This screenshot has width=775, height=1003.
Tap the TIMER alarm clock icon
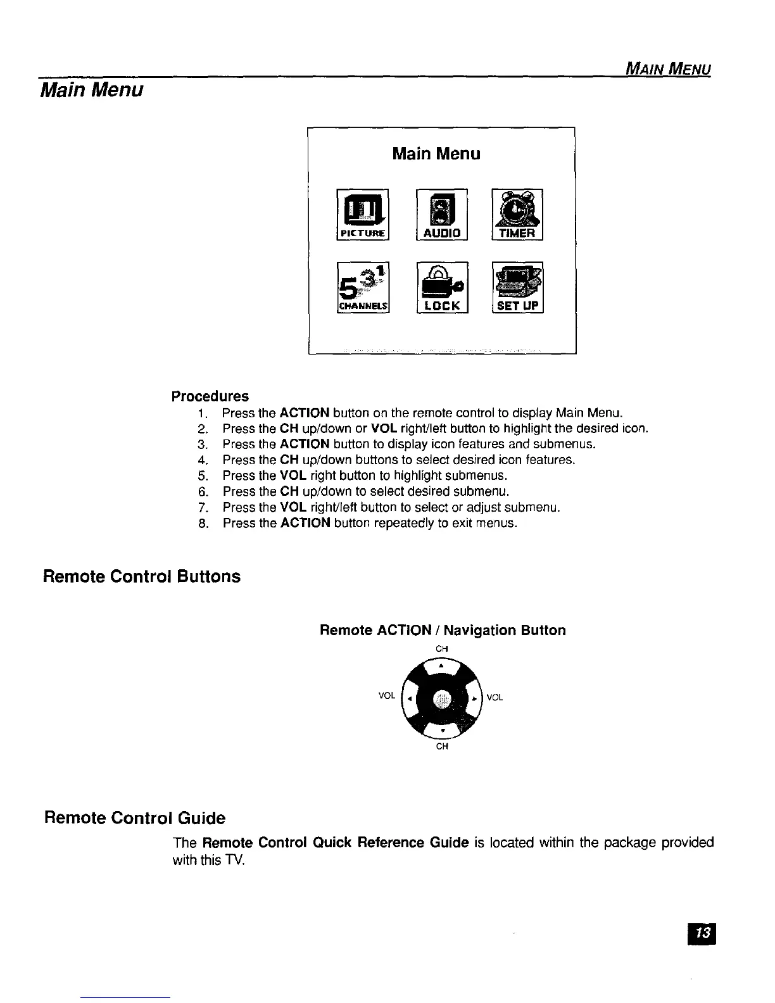517,215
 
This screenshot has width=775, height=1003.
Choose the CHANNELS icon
364,287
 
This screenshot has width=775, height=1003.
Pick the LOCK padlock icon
441,287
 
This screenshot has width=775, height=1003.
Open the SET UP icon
517,287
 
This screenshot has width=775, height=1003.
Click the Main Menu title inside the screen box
436,154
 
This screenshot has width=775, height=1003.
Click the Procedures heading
210,396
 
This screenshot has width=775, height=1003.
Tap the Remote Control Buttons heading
142,577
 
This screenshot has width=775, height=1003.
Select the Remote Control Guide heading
134,818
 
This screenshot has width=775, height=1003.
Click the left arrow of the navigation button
410,698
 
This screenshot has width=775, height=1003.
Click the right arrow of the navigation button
474,698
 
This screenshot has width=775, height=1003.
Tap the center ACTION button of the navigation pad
443,698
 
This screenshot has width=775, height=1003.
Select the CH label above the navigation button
442,648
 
